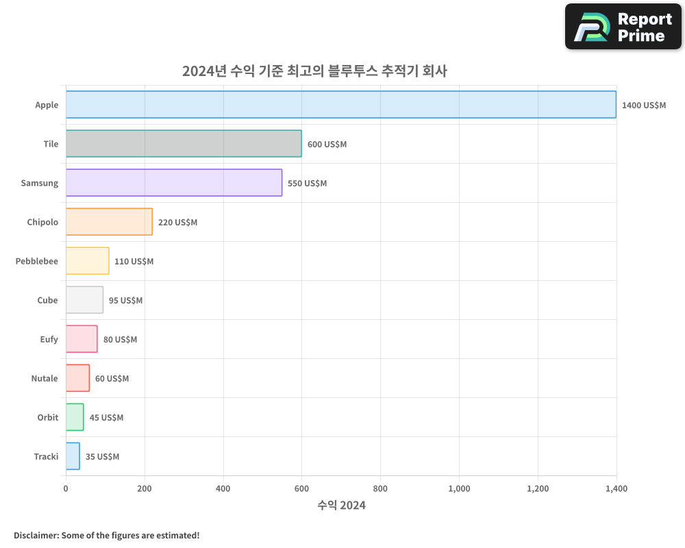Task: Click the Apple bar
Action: coord(341,105)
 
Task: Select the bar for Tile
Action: coord(184,144)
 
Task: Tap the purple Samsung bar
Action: coord(174,183)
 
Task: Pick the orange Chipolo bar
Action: coord(109,222)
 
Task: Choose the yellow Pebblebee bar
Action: coord(88,261)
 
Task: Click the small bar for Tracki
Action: coord(73,456)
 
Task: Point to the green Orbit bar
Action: coord(75,417)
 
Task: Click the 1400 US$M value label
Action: coord(643,105)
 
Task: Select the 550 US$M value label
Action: coord(307,184)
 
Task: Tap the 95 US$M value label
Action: coord(125,301)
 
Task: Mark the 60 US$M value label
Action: coord(112,379)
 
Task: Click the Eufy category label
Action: coord(49,339)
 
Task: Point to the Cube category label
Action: coord(47,300)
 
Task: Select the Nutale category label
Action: coord(45,378)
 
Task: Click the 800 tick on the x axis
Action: coord(380,489)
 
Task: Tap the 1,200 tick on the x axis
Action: coord(538,489)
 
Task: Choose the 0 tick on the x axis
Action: coord(66,489)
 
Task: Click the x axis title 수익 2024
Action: coord(341,506)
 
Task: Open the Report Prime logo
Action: coord(623,27)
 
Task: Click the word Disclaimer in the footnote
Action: coord(36,535)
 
